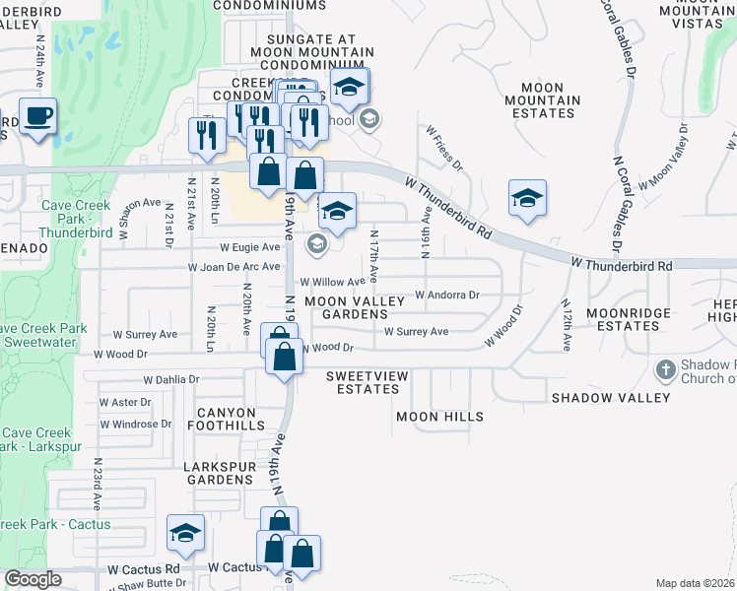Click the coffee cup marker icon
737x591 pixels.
37,116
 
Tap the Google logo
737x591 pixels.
33,579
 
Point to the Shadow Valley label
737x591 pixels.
611,398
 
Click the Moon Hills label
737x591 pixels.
439,417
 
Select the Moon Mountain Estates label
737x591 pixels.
542,99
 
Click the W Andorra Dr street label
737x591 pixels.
446,295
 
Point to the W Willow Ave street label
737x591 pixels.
332,282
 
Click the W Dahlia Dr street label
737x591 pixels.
170,378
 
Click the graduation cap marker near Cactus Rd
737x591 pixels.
185,533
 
